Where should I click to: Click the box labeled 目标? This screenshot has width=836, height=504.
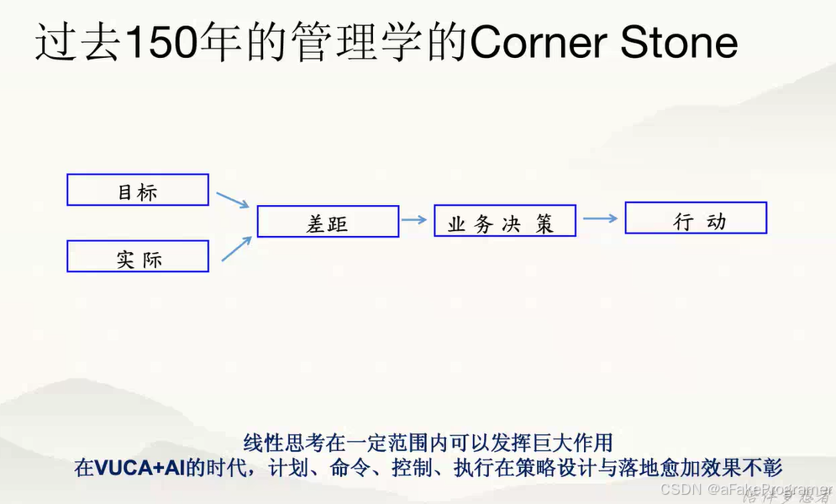point(138,190)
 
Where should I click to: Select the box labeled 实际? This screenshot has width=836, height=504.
point(138,256)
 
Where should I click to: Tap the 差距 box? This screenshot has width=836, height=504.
point(328,222)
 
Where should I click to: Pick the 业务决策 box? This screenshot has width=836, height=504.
point(505,221)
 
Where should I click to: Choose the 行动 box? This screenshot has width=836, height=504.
point(696,218)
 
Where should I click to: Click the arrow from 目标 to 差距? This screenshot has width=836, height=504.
point(233,199)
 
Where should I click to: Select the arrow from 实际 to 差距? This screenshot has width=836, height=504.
point(236,249)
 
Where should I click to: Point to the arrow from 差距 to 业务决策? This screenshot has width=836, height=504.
point(414,220)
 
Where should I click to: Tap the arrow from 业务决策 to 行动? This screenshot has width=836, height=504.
point(600,218)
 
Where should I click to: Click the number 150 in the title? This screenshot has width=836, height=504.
point(157,43)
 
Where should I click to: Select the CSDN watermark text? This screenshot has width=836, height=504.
point(681,489)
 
